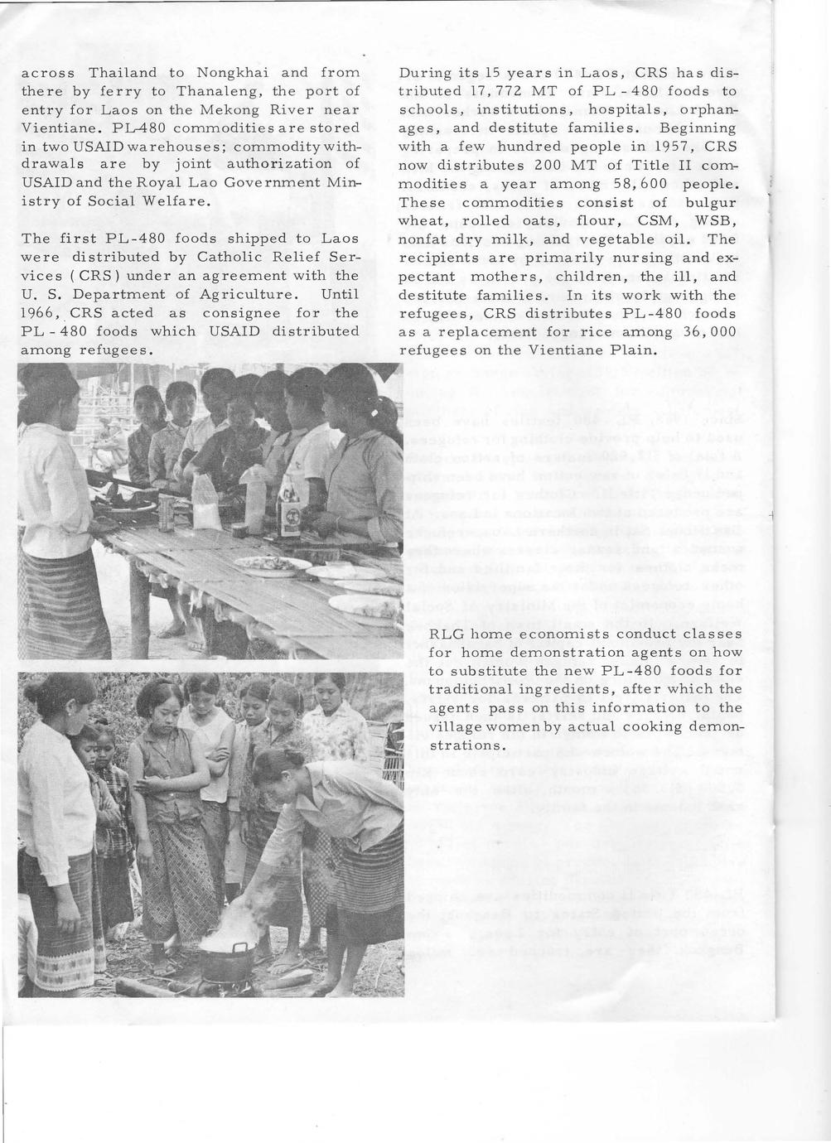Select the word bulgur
[711, 202]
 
